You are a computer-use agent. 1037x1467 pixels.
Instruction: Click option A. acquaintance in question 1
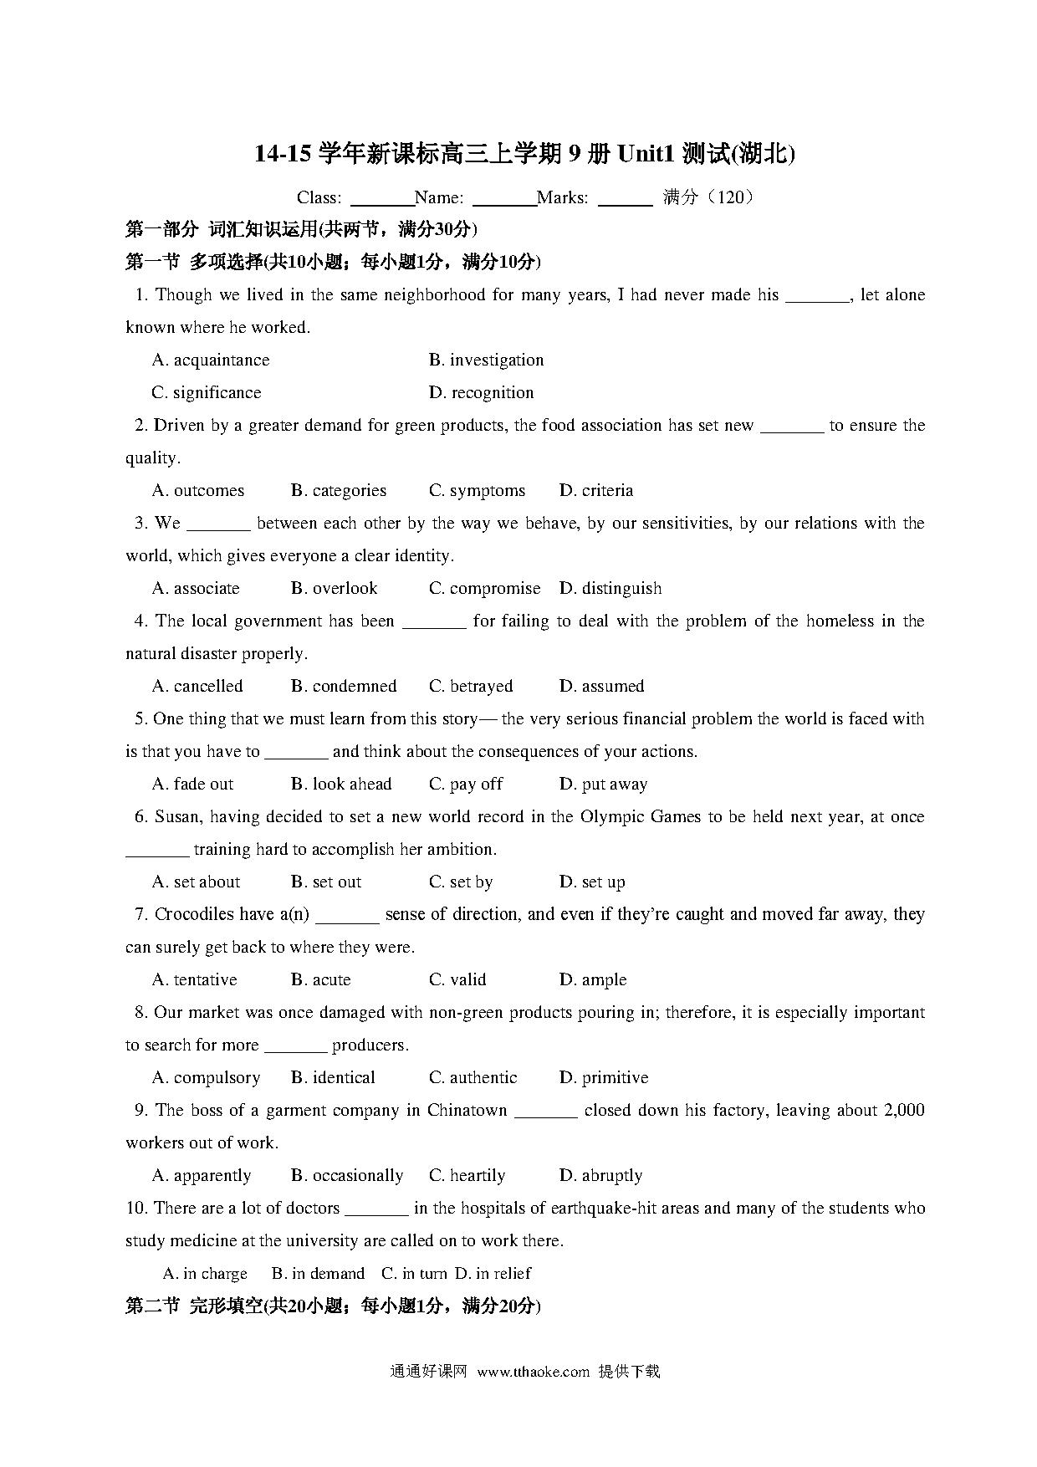click(x=211, y=360)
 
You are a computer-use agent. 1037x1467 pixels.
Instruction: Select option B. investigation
click(x=486, y=360)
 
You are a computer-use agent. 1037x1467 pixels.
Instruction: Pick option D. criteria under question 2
click(x=595, y=491)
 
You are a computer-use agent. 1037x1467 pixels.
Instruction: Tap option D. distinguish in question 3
click(x=610, y=589)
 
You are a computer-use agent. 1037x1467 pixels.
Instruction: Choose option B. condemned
click(x=343, y=687)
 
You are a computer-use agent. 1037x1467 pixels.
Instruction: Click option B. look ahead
click(x=340, y=785)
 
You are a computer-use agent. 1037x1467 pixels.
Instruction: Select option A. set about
click(x=196, y=882)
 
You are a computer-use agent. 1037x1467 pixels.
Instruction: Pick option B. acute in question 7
click(x=320, y=980)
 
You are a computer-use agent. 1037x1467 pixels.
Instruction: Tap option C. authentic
click(x=473, y=1078)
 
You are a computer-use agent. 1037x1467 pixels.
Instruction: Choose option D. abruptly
click(x=600, y=1176)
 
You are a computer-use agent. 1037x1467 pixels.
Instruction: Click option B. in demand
click(x=318, y=1274)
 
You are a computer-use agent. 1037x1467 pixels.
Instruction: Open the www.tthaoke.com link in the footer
click(x=533, y=1372)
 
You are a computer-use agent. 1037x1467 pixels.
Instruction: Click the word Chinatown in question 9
click(x=467, y=1111)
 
